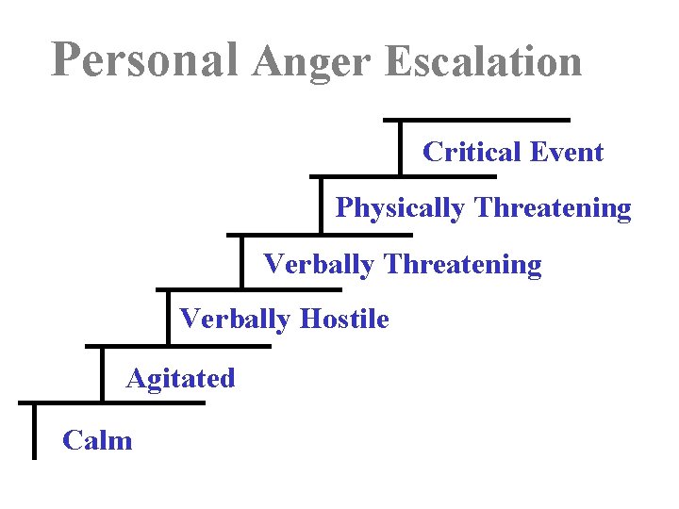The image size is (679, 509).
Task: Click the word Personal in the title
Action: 144,60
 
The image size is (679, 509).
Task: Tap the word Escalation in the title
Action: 484,62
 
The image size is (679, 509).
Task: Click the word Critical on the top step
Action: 472,152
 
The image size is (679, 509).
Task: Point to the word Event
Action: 567,152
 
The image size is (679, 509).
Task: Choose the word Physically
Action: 402,208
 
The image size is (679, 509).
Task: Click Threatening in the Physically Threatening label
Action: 554,208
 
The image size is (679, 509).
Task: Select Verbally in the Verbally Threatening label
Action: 319,264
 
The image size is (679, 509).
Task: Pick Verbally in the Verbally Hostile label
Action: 235,320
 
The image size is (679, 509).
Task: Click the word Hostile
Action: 344,320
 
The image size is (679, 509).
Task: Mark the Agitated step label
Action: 180,379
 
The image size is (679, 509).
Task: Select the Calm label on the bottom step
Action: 97,440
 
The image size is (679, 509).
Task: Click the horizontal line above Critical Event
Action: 476,120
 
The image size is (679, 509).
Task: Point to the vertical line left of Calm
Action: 34,432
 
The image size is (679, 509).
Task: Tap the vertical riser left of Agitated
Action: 102,374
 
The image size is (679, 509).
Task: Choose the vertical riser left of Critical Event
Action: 401,148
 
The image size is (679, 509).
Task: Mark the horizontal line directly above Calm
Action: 111,403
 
